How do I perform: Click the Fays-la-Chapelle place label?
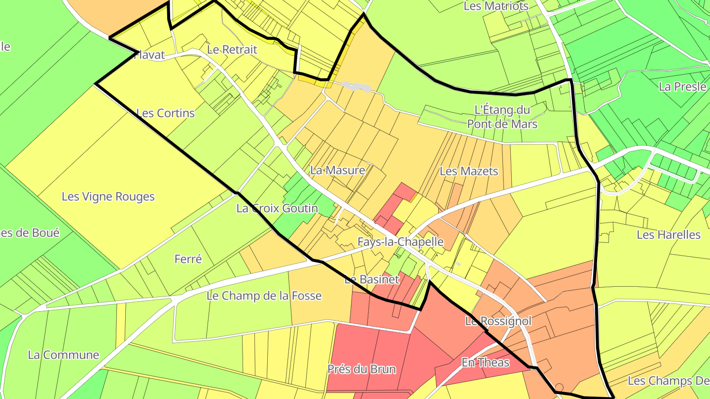pyautogui.click(x=400, y=242)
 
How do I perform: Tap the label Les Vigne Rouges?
pyautogui.click(x=108, y=197)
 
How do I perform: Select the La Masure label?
pyautogui.click(x=338, y=170)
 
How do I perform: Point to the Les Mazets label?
pyautogui.click(x=469, y=171)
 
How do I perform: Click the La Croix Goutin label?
pyautogui.click(x=277, y=208)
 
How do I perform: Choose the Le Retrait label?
pyautogui.click(x=232, y=49)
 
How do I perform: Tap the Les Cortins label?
pyautogui.click(x=165, y=113)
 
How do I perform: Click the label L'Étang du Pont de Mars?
pyautogui.click(x=502, y=117)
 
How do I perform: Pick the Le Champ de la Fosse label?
pyautogui.click(x=264, y=296)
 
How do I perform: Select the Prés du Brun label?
pyautogui.click(x=361, y=369)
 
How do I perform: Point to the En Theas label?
pyautogui.click(x=485, y=363)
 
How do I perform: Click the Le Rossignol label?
pyautogui.click(x=498, y=321)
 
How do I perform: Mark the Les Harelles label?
pyautogui.click(x=668, y=234)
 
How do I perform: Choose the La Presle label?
pyautogui.click(x=682, y=87)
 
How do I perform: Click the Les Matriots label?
pyautogui.click(x=496, y=6)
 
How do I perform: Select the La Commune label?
pyautogui.click(x=64, y=355)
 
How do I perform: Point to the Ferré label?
pyautogui.click(x=188, y=259)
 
